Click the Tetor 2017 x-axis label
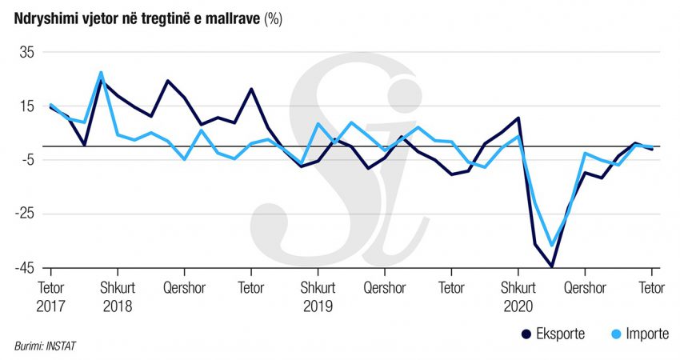(52, 296)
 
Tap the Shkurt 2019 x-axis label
(318, 296)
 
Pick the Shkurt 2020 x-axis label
(518, 296)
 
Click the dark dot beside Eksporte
(526, 334)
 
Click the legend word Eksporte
(561, 334)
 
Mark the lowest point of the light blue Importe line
(551, 245)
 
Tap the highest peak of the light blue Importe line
(101, 73)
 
